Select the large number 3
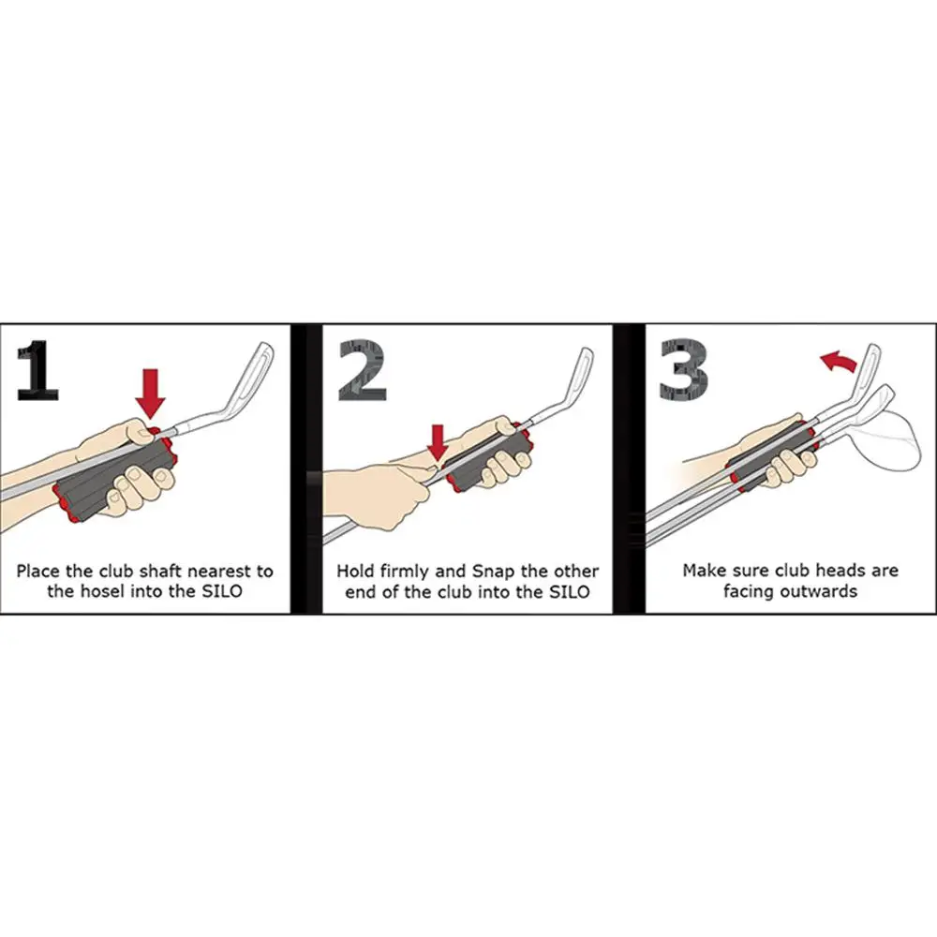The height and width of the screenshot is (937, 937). tap(684, 370)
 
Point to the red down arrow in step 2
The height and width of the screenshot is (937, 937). tap(438, 443)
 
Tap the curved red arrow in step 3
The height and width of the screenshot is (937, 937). tap(839, 362)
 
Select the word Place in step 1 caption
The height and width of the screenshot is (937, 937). tap(37, 572)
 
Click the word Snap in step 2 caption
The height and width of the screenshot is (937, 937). tap(494, 572)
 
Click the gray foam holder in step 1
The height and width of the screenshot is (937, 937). tap(113, 478)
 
